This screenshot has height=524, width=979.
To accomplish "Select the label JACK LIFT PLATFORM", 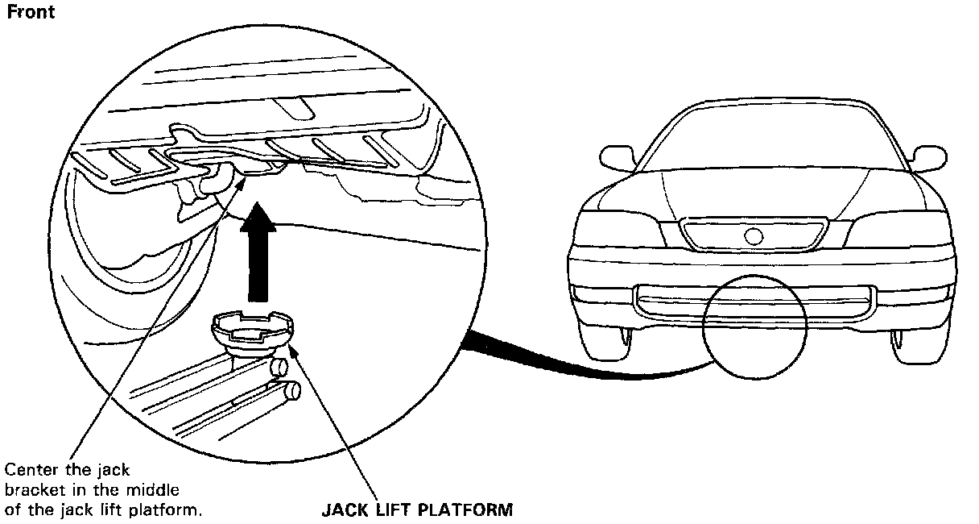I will coord(416,509).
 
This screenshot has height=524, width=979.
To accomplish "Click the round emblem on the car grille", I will coord(754,236).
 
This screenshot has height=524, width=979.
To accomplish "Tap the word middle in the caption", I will coord(152,489).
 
